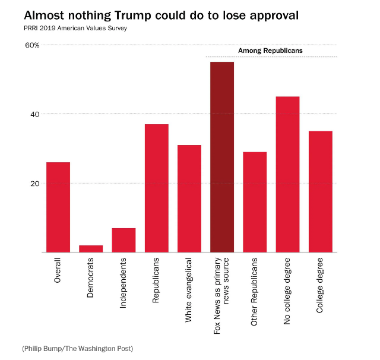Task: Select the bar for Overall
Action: pos(58,207)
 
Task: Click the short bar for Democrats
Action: pos(91,249)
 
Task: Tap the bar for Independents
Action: pos(123,240)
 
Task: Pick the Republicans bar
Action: pos(157,188)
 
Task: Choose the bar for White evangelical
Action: pos(189,198)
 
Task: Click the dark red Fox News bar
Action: pos(222,157)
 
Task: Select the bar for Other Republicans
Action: pos(255,202)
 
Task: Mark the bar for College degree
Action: pos(320,191)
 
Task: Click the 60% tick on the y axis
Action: pos(32,45)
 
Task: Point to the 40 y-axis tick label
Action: pos(35,114)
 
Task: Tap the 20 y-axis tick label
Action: pos(35,183)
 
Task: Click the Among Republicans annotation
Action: pos(270,51)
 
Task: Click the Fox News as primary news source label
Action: pos(222,295)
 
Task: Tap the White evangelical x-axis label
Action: pos(189,290)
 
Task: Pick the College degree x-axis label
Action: pos(320,283)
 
